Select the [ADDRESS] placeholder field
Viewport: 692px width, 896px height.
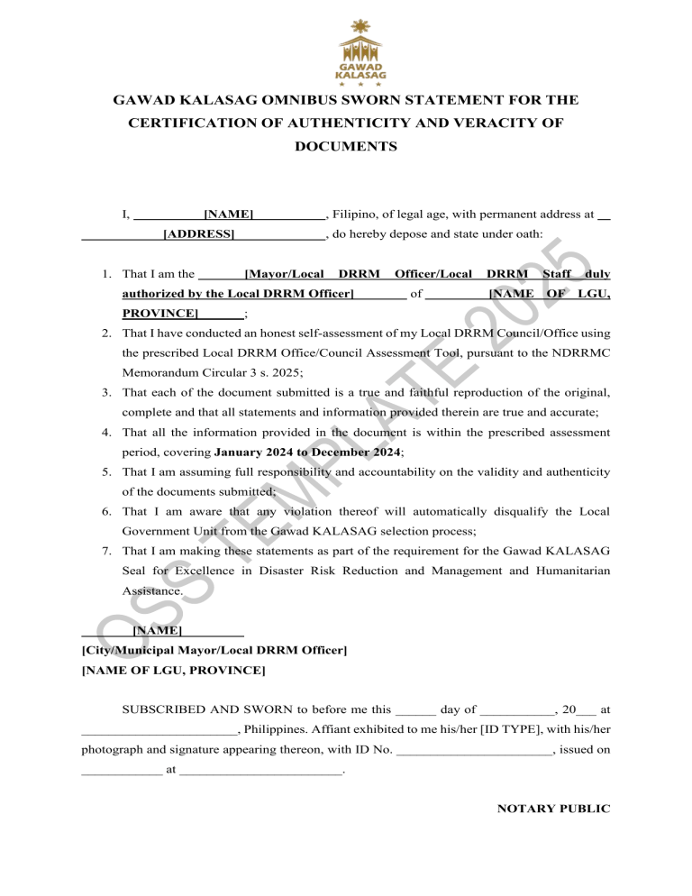[199, 235]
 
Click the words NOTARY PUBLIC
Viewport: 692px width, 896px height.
[553, 809]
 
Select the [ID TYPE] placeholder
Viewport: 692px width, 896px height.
[513, 728]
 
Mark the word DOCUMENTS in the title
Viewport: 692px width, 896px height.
[346, 145]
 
